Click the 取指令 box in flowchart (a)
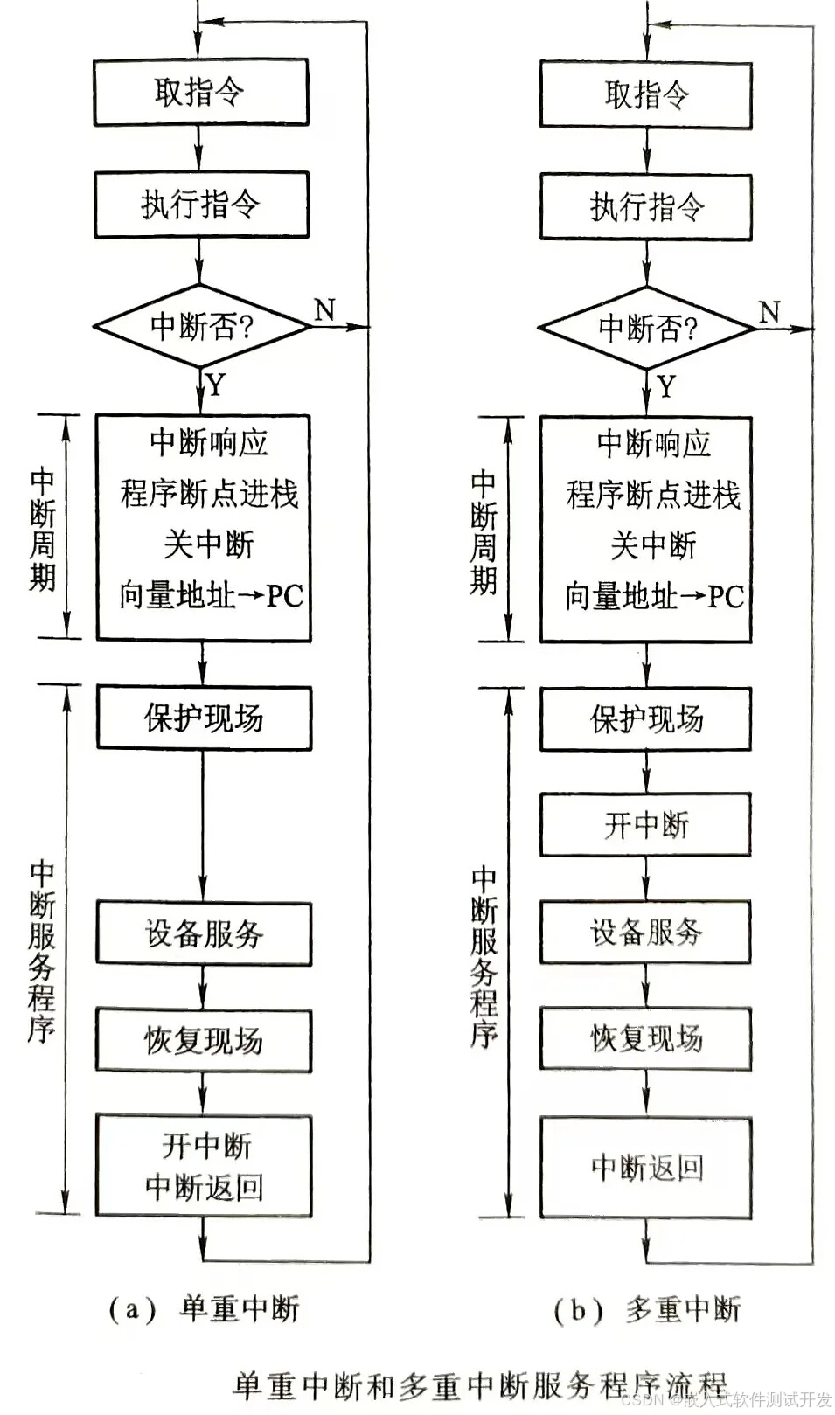coord(201,92)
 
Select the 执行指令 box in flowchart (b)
coord(646,206)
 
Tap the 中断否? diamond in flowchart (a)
coord(201,326)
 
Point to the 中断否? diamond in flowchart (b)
coord(647,329)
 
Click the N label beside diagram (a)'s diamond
coord(324,309)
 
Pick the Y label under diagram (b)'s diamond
coord(667,385)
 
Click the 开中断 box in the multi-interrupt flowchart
coord(646,824)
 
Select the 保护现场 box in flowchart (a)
coord(204,718)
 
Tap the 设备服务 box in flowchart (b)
coord(646,932)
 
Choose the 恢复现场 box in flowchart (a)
coord(204,1040)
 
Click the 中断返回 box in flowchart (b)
coord(646,1168)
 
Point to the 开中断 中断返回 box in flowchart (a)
coord(204,1166)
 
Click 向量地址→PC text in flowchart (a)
coord(211,596)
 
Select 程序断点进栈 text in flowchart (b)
coord(653,495)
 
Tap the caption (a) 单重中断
coord(205,1309)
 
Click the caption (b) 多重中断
coord(647,1310)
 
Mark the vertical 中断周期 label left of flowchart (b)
coord(484,531)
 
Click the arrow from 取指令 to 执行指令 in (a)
coord(200,148)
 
